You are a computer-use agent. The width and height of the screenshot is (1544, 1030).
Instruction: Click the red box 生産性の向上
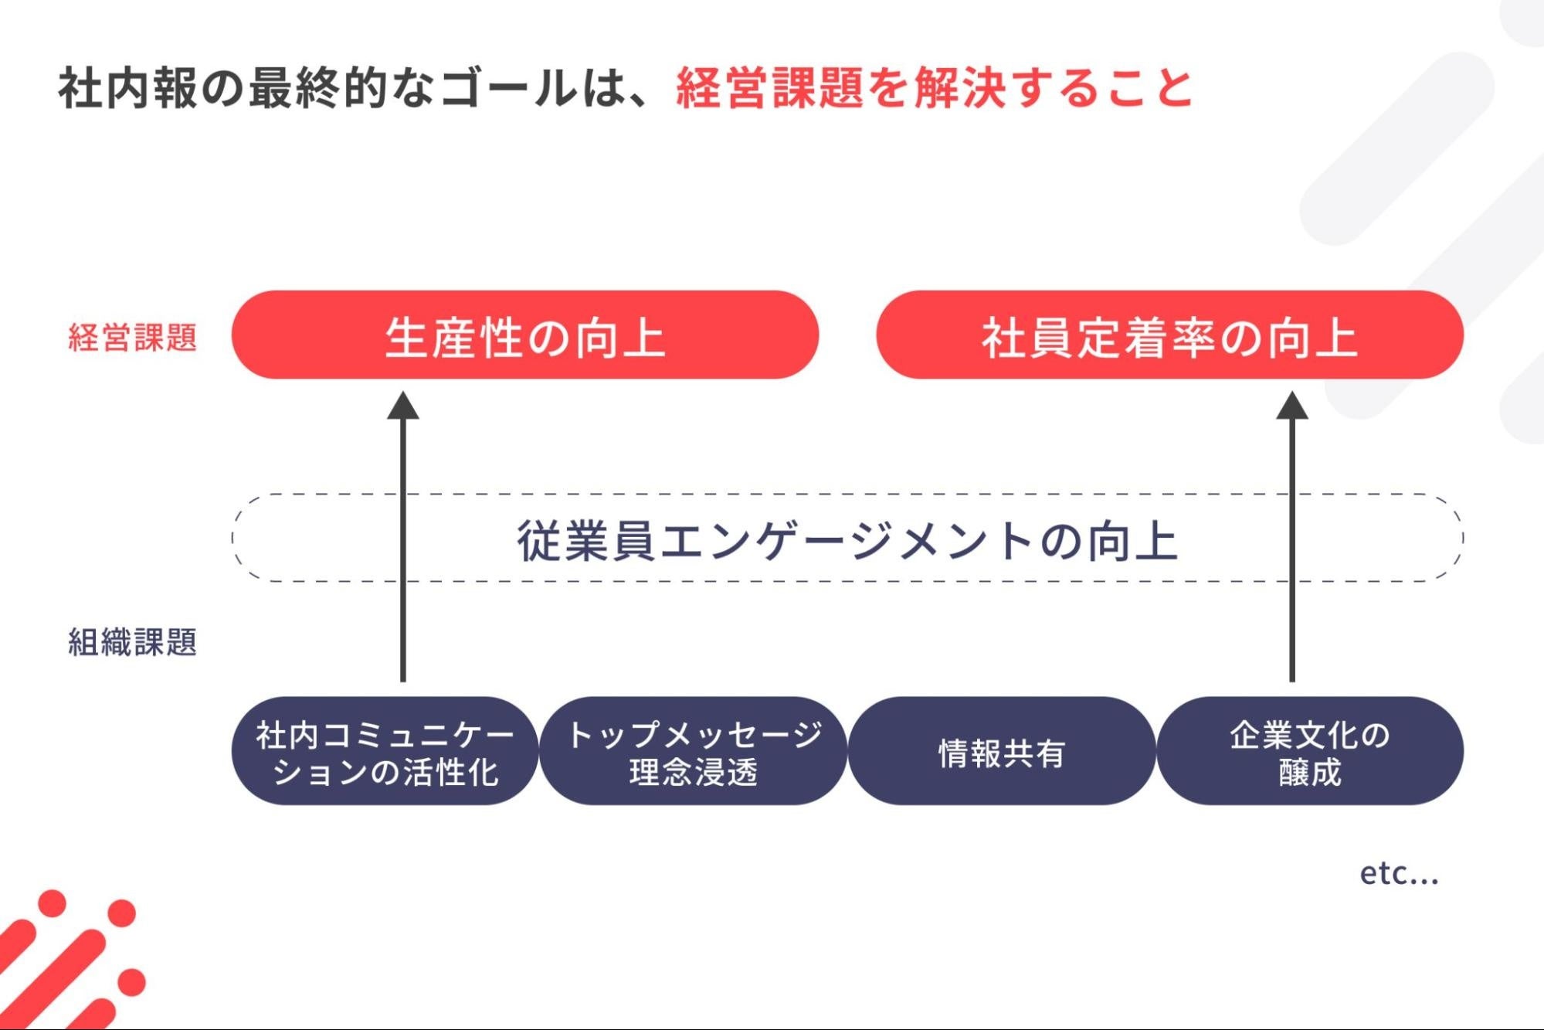point(524,335)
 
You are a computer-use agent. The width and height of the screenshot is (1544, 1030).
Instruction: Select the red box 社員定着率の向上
point(1169,335)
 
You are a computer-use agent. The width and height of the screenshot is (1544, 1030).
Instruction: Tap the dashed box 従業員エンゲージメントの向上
point(847,539)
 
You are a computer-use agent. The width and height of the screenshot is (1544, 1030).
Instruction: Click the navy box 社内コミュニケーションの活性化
point(385,752)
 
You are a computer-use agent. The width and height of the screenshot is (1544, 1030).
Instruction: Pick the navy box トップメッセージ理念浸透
point(693,752)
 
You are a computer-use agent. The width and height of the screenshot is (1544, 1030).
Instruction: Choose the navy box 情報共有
point(1001,752)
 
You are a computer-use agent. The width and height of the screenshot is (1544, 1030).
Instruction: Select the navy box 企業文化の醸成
point(1309,752)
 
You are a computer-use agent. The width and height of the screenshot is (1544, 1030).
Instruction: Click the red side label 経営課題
point(132,338)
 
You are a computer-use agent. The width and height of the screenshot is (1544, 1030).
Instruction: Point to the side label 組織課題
point(132,641)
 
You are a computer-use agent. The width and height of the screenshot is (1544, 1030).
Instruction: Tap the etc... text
point(1398,873)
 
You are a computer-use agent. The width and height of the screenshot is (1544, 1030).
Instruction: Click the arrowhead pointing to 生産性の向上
point(402,406)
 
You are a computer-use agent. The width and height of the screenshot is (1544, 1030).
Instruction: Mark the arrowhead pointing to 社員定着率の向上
point(1291,406)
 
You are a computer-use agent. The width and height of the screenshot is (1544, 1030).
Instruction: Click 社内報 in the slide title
point(128,87)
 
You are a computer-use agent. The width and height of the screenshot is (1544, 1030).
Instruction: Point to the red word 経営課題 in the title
point(769,87)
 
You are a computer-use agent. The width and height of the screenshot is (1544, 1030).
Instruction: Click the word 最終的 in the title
point(318,87)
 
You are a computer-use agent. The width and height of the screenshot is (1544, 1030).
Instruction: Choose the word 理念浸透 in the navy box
point(693,772)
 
